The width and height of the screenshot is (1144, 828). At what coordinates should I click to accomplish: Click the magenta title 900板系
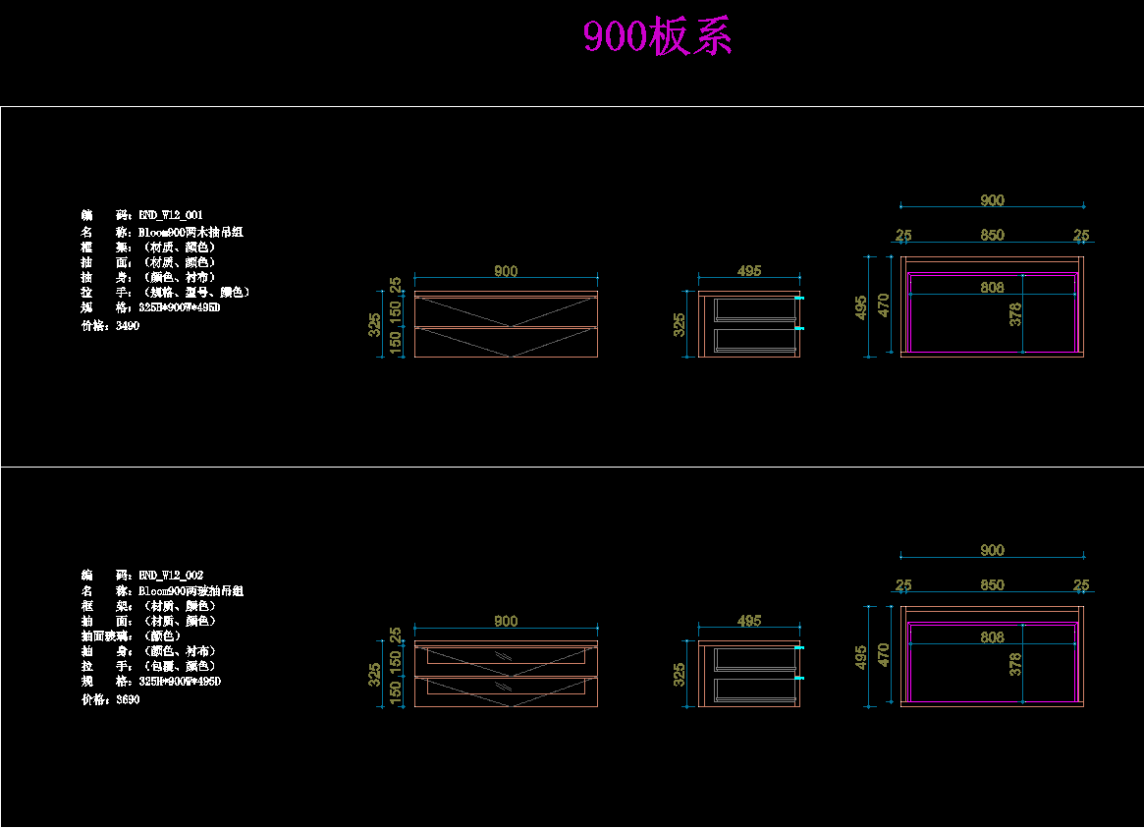[x=657, y=38]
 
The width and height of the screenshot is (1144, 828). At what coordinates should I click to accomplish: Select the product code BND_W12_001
[x=171, y=214]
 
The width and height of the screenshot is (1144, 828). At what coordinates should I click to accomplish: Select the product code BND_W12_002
[x=171, y=575]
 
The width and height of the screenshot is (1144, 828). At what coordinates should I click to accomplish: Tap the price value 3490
[x=128, y=326]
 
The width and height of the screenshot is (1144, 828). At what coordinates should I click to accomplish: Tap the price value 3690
[x=128, y=700]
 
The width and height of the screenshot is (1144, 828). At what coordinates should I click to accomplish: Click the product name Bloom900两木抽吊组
[x=191, y=233]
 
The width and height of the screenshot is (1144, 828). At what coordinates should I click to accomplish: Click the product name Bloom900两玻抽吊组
[x=191, y=591]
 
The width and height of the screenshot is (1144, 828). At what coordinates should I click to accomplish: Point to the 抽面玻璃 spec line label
[x=108, y=636]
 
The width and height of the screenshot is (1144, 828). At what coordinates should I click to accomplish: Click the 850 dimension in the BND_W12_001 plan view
[x=992, y=236]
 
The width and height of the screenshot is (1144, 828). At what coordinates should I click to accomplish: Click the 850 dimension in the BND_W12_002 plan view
[x=992, y=585]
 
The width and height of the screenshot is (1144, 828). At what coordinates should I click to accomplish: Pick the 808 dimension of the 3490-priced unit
[x=992, y=288]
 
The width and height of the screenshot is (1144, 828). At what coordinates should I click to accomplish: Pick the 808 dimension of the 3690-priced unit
[x=992, y=637]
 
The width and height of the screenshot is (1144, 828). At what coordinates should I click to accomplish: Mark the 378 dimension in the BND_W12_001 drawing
[x=1015, y=314]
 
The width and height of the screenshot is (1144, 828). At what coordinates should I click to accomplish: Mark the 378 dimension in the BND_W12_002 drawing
[x=1015, y=664]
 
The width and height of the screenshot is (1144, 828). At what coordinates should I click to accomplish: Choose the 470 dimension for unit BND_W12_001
[x=884, y=304]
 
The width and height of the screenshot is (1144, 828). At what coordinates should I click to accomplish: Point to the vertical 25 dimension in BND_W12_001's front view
[x=396, y=285]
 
